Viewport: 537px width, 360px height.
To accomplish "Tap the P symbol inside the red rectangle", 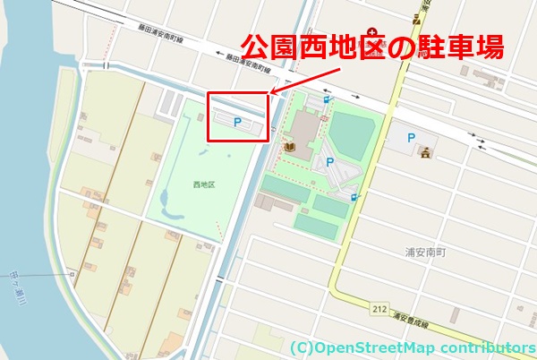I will [x=237, y=120].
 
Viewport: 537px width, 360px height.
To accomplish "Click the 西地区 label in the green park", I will [x=204, y=184].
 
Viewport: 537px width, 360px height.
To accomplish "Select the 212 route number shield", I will [x=379, y=309].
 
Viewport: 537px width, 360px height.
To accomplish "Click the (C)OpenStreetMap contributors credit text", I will [x=412, y=347].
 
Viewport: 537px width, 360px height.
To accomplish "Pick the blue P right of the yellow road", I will [x=411, y=138].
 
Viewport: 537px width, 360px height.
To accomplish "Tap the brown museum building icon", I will [x=427, y=151].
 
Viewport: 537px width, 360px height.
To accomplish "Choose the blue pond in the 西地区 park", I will [x=164, y=197].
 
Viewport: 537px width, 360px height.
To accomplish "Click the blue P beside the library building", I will [x=330, y=162].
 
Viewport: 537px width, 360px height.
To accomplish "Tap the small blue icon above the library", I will [x=327, y=99].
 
